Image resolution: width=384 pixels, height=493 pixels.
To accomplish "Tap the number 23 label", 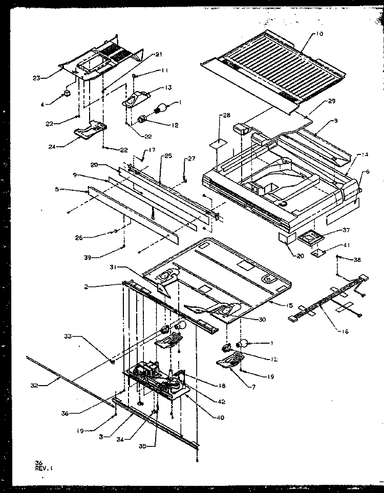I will (x=36, y=78).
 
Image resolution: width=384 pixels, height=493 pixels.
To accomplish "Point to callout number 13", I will (x=153, y=87).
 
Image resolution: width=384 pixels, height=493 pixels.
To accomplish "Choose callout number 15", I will (x=290, y=305).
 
